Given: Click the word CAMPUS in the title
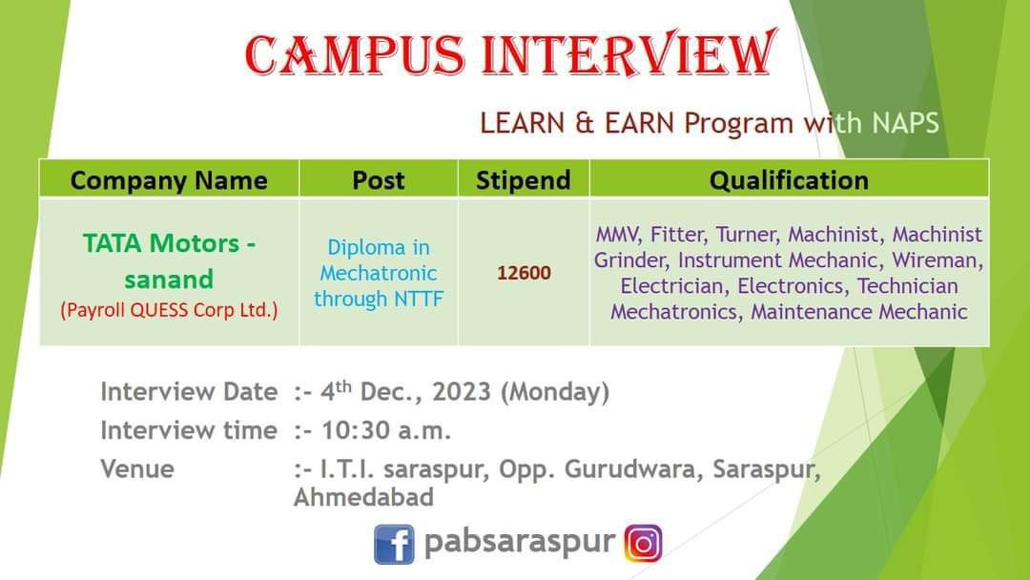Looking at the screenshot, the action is coord(355,54).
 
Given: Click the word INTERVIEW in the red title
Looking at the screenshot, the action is coord(629,53).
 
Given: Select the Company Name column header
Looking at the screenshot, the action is coord(169,180).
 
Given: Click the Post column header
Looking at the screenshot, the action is coord(379,180).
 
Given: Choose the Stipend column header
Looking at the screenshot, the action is coord(524,180).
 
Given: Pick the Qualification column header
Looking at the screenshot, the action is coord(789,180).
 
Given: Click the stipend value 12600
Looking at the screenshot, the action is coord(524,273).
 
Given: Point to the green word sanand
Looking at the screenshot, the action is coord(169,280).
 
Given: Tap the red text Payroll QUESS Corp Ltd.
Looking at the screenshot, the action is coord(169,309).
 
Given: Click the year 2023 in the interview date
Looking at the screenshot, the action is coord(462,391).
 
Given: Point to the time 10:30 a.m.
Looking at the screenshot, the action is coord(385,430).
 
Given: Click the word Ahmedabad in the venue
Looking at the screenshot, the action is coord(364,497).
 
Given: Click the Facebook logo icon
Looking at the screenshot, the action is coord(394,544).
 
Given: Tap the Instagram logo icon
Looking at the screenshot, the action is coord(643,543).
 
